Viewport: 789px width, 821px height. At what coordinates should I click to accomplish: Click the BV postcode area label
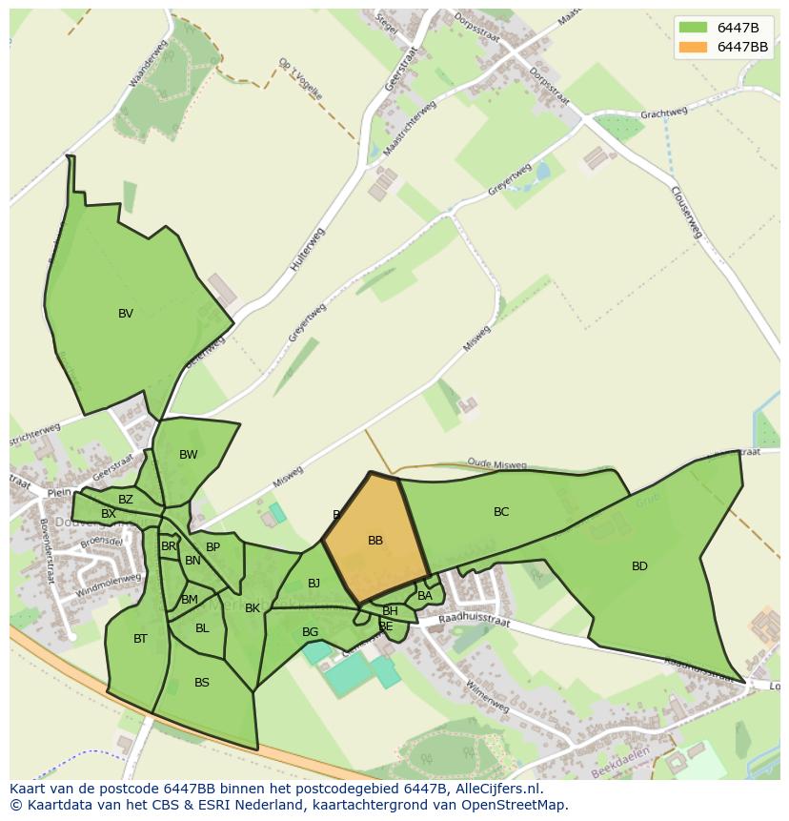[126, 314]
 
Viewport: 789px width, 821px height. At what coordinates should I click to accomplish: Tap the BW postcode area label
[189, 455]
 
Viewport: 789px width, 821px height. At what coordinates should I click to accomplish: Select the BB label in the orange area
[375, 541]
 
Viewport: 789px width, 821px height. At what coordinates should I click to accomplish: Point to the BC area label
[501, 512]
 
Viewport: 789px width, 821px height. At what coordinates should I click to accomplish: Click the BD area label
[639, 566]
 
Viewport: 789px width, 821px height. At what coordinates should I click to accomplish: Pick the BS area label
[202, 683]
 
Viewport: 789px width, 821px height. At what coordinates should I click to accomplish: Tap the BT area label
[140, 639]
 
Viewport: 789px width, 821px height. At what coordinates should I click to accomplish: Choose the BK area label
[253, 608]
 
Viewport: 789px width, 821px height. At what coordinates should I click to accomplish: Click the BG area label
[310, 632]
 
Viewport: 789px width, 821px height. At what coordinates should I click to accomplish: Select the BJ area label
[314, 584]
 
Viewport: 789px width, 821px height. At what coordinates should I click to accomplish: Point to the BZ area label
[126, 500]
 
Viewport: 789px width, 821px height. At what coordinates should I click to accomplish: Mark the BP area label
[212, 547]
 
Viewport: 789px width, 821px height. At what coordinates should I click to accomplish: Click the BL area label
[202, 628]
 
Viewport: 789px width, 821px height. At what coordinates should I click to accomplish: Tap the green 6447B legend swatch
[694, 28]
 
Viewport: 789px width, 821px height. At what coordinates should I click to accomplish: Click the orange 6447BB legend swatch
[694, 47]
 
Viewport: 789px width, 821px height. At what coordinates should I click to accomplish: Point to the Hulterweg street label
[307, 250]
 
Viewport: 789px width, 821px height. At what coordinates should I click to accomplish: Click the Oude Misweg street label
[496, 465]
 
